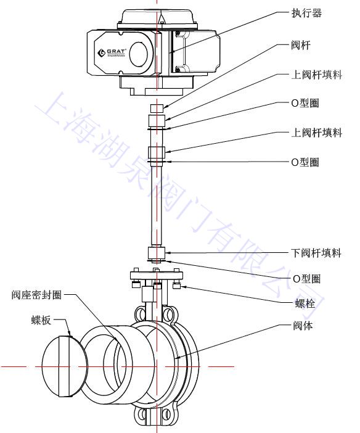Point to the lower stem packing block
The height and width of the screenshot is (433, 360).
click(x=156, y=252)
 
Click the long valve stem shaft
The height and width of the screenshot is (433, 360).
click(x=156, y=204)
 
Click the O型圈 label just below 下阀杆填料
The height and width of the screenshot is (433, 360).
click(x=305, y=279)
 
